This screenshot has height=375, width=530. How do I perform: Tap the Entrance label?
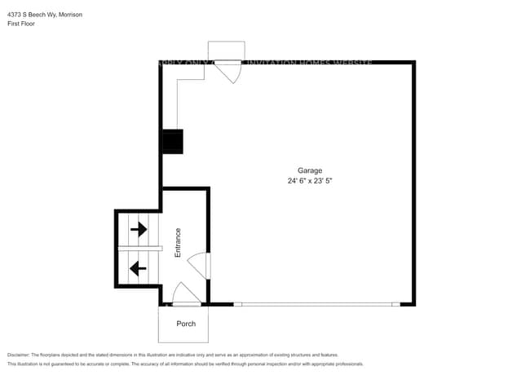(178, 243)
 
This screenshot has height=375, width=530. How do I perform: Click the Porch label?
(186, 324)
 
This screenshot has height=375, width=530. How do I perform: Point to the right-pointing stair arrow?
(139, 229)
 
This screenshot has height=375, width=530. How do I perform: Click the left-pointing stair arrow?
(139, 266)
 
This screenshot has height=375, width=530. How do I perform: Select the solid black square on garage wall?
(173, 141)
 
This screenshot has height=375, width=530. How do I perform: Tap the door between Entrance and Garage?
(199, 265)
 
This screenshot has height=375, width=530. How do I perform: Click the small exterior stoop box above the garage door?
(225, 51)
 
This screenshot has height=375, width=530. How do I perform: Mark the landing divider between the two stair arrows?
(139, 247)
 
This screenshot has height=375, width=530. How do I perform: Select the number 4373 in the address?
(14, 15)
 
